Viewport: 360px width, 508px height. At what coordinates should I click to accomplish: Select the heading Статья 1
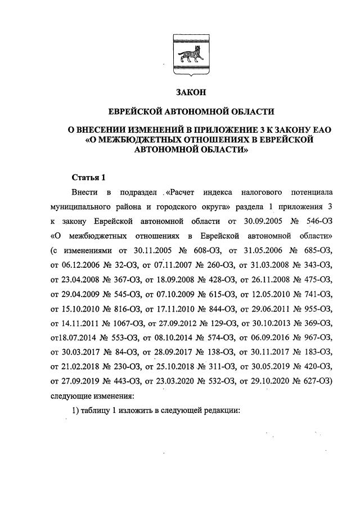[x=89, y=178]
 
